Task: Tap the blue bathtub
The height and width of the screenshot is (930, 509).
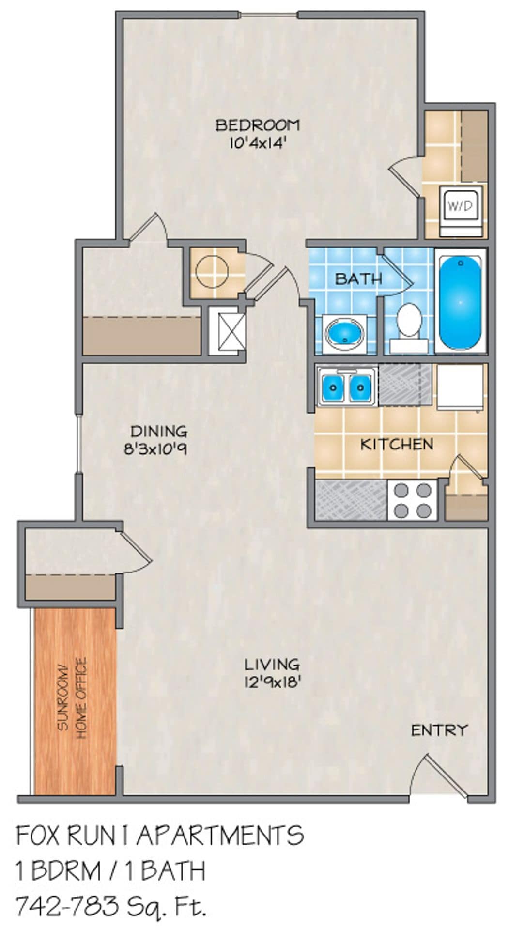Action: (x=460, y=302)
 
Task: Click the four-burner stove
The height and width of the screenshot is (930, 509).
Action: (x=413, y=500)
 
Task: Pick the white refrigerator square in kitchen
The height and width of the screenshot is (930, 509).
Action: (x=460, y=386)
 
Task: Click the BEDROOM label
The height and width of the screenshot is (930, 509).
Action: (x=257, y=125)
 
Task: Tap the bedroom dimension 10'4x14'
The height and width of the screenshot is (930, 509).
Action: (x=258, y=143)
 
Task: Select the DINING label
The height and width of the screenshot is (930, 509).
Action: (x=158, y=431)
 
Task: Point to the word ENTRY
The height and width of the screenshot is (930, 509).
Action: (x=439, y=729)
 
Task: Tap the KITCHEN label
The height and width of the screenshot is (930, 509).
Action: (x=397, y=444)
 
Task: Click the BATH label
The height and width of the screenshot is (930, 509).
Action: (x=358, y=279)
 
